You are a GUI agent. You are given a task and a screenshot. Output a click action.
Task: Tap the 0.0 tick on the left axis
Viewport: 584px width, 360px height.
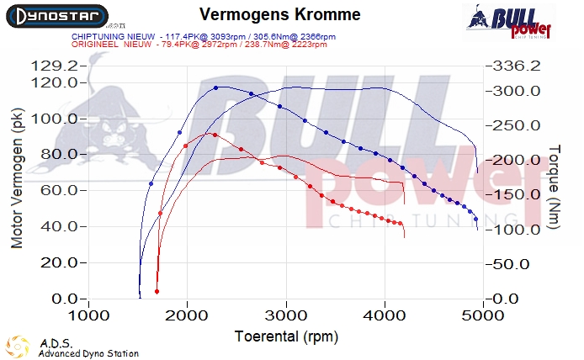(x=67, y=299)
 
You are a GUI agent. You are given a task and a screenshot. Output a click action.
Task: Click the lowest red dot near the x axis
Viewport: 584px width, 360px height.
(x=157, y=291)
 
